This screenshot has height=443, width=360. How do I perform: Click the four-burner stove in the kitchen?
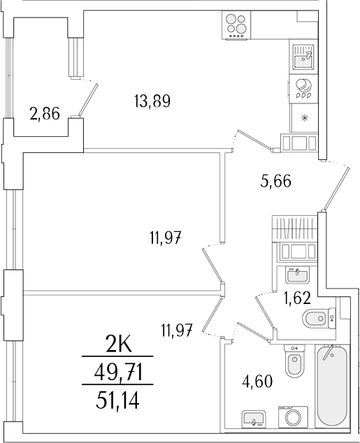point(237,24)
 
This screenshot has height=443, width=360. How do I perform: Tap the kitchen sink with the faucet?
point(303,57)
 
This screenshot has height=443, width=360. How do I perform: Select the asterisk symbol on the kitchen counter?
point(303,117)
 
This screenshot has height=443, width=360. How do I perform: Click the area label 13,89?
point(152,101)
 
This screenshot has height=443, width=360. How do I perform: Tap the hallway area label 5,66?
point(275,182)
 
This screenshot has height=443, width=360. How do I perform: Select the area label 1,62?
point(296,299)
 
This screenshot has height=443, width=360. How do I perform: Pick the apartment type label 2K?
point(118,345)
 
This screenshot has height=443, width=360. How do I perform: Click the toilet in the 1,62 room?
point(319,319)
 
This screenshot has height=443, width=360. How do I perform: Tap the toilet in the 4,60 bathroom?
point(294,362)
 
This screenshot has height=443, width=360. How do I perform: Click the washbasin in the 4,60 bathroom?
point(254,419)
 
